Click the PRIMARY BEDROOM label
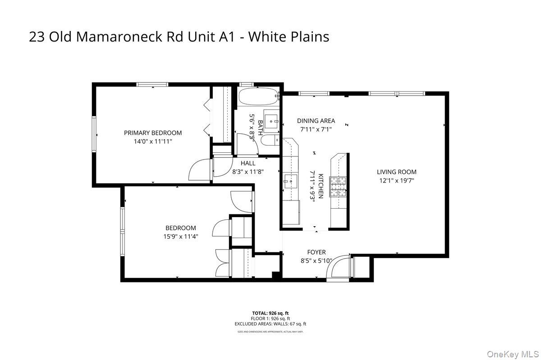[x=153, y=132]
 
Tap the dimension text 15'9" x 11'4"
[x=180, y=236]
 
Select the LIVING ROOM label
[x=397, y=172]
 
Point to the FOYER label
[x=316, y=252]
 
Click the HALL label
[x=248, y=163]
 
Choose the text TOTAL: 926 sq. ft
[x=270, y=313]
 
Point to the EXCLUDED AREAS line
[x=270, y=324]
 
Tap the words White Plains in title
[x=289, y=37]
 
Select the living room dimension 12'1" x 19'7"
[x=397, y=180]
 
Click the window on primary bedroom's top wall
[x=152, y=84]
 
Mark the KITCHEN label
[x=321, y=186]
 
